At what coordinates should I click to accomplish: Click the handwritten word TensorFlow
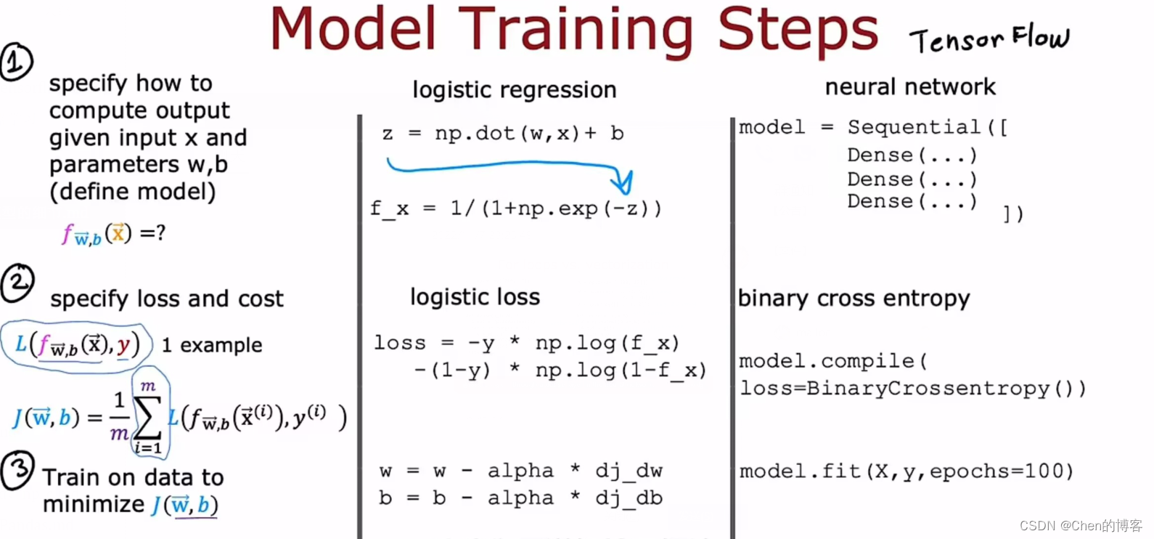pyautogui.click(x=989, y=39)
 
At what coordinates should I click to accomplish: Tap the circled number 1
pyautogui.click(x=17, y=61)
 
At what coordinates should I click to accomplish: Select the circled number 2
pyautogui.click(x=17, y=283)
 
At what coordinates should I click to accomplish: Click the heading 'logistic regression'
pyautogui.click(x=514, y=90)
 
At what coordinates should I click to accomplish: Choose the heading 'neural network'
pyautogui.click(x=910, y=86)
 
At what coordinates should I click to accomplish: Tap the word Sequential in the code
pyautogui.click(x=914, y=127)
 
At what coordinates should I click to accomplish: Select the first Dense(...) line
pyautogui.click(x=912, y=155)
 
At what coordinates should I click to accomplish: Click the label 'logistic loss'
pyautogui.click(x=475, y=297)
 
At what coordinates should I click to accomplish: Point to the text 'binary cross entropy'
pyautogui.click(x=854, y=299)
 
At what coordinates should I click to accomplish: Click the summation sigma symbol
pyautogui.click(x=148, y=418)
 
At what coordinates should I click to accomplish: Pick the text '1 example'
pyautogui.click(x=212, y=345)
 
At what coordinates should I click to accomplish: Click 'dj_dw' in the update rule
pyautogui.click(x=629, y=471)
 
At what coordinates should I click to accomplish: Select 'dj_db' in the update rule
pyautogui.click(x=629, y=498)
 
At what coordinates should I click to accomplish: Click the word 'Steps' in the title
pyautogui.click(x=798, y=30)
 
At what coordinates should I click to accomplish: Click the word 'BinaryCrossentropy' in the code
pyautogui.click(x=928, y=389)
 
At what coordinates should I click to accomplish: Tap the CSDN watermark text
pyautogui.click(x=1081, y=525)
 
